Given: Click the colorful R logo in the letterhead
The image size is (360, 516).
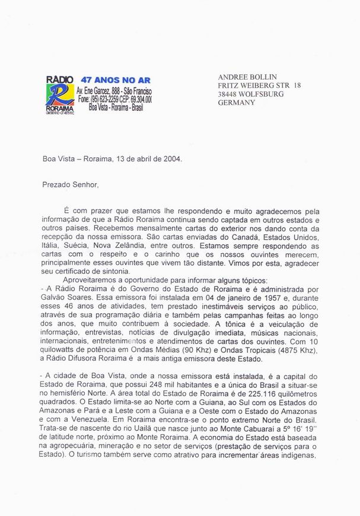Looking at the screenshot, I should pos(59,95).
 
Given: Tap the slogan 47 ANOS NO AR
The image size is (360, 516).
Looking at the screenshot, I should pos(109,78).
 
